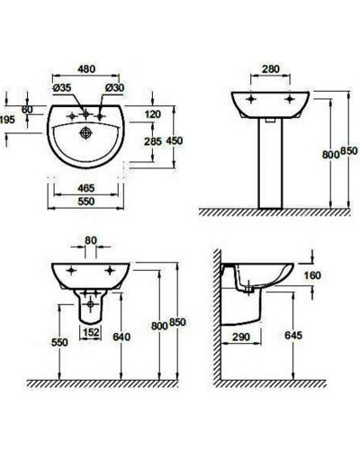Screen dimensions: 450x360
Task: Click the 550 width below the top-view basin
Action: (86, 203)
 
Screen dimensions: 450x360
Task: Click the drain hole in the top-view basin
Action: (86, 130)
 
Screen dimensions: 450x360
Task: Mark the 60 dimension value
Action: (26, 108)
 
